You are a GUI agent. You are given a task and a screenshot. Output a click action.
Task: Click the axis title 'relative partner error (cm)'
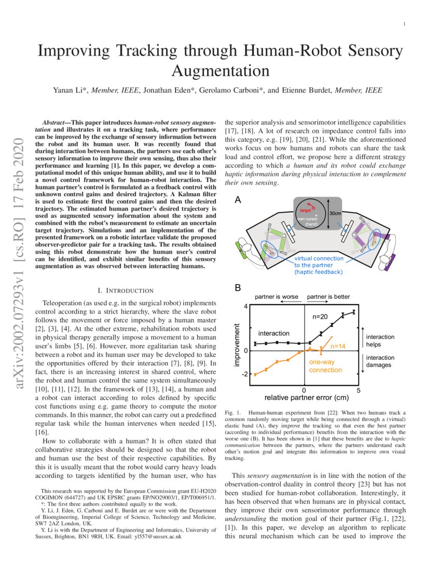click(304, 398)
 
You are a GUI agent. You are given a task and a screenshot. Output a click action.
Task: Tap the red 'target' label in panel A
click(305, 210)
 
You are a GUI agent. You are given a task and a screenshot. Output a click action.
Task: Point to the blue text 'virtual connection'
click(319, 258)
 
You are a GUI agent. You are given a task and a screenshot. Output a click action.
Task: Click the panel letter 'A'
click(237, 199)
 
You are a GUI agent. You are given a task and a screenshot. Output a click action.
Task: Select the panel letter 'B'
click(237, 288)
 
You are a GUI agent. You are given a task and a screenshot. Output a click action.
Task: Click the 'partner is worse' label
click(276, 296)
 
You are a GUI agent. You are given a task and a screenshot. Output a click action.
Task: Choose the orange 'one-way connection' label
click(325, 366)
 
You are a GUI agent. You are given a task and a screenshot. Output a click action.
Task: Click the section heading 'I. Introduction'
click(126, 290)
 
